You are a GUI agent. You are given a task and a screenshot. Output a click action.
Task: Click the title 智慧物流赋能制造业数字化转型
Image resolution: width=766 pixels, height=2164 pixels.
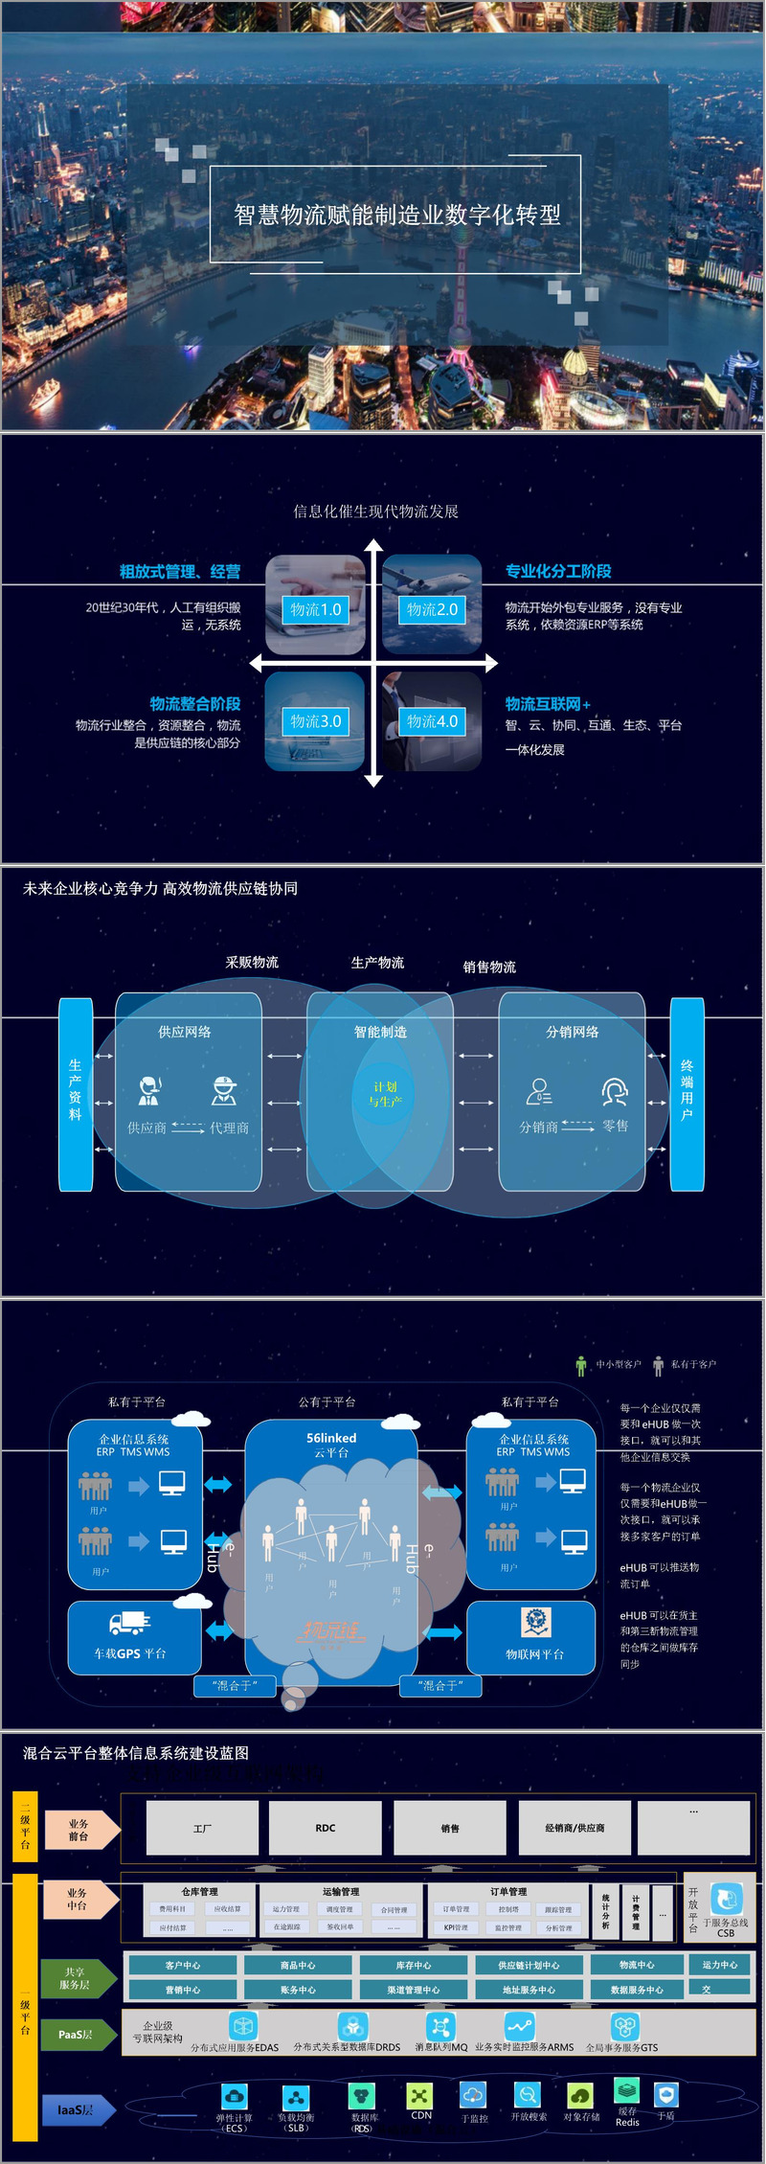tap(397, 215)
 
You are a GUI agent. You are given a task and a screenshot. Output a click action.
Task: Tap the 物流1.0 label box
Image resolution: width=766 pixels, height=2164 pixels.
tap(315, 609)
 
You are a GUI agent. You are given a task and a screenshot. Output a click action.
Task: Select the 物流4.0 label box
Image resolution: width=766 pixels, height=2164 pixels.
tap(433, 721)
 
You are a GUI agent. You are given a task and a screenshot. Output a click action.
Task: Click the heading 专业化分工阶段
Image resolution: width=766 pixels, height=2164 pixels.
tap(558, 571)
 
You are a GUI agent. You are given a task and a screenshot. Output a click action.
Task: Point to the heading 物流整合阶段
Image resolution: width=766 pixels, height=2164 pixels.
tap(194, 703)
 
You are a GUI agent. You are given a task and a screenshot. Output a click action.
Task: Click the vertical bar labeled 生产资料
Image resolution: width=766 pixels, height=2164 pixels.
tap(76, 1094)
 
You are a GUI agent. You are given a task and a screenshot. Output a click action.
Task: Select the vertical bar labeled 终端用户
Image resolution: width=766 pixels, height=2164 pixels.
tap(687, 1094)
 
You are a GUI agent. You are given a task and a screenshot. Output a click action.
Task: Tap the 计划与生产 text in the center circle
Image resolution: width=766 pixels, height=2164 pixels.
tap(385, 1094)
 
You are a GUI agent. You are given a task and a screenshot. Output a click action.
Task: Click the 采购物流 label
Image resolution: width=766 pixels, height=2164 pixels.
tap(252, 962)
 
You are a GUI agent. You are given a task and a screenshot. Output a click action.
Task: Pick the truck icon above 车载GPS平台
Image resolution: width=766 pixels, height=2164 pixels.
tap(129, 1623)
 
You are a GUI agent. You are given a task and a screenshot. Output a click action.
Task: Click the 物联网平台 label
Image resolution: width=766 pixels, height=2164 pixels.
tap(534, 1654)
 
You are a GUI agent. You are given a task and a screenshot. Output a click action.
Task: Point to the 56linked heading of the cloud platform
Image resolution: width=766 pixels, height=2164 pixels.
tap(331, 1438)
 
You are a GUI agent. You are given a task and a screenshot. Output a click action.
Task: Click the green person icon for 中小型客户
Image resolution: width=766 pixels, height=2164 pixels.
tap(580, 1365)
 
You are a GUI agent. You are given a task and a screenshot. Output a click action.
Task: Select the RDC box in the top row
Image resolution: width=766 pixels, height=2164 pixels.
tap(326, 1828)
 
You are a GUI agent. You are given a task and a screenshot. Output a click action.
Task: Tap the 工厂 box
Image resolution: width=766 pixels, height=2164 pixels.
tap(202, 1828)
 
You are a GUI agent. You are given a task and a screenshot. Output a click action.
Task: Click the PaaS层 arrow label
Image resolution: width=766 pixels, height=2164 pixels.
tap(77, 2035)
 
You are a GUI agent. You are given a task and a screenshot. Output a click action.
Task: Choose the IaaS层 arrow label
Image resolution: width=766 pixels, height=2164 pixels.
tap(77, 2109)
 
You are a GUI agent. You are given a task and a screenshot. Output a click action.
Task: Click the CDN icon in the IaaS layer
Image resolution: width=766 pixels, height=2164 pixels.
tap(420, 2095)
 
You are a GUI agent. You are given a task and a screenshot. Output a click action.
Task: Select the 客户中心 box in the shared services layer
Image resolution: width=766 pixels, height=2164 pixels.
tap(183, 1966)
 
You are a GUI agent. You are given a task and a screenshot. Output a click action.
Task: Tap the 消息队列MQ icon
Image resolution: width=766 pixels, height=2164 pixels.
tap(440, 2026)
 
